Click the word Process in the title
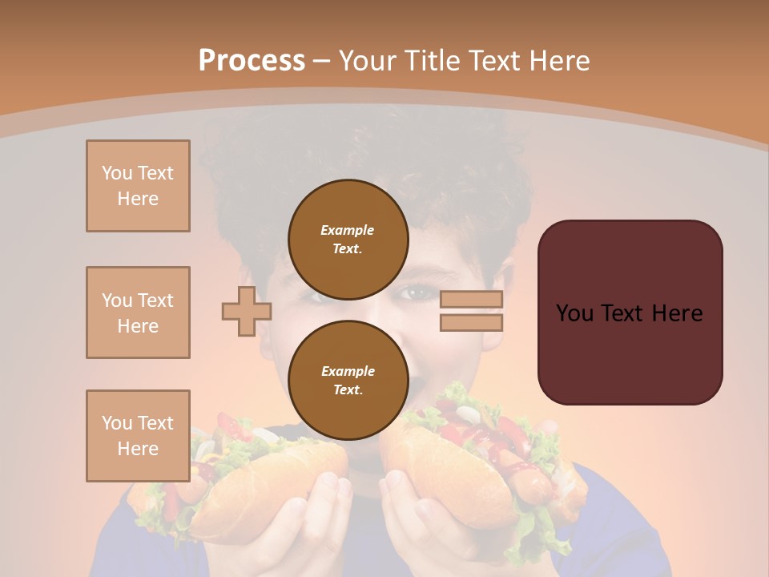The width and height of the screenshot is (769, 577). (x=252, y=60)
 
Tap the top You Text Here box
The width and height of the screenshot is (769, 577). (x=138, y=186)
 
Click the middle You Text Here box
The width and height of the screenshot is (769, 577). (x=138, y=313)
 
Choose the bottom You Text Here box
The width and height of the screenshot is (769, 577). (x=138, y=436)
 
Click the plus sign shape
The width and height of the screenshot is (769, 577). (x=247, y=311)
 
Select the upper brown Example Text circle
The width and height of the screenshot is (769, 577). (x=348, y=239)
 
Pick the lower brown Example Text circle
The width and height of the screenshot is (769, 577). (x=348, y=380)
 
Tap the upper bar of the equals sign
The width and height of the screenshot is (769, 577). (x=471, y=299)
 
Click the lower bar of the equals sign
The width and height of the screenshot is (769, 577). (x=471, y=322)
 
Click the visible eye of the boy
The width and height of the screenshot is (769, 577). (x=417, y=293)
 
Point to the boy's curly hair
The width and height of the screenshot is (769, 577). (x=360, y=152)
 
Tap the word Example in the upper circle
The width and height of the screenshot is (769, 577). (x=348, y=230)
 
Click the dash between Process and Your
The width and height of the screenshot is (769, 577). (x=322, y=61)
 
